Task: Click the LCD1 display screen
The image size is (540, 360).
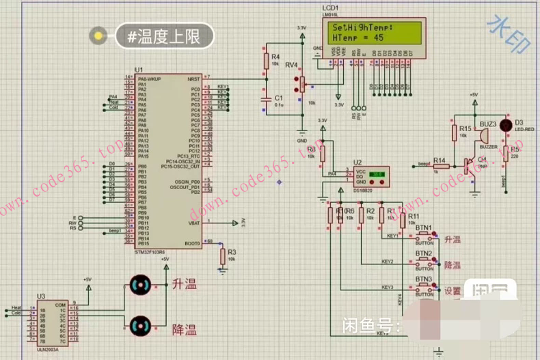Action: pyautogui.click(x=373, y=31)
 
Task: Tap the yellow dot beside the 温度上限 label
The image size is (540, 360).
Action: pyautogui.click(x=100, y=36)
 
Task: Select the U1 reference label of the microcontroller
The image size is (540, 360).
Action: pyautogui.click(x=139, y=70)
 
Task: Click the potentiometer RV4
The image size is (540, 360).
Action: pyautogui.click(x=298, y=84)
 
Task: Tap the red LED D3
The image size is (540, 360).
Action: pyautogui.click(x=506, y=125)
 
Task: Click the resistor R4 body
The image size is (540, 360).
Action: pyautogui.click(x=267, y=61)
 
